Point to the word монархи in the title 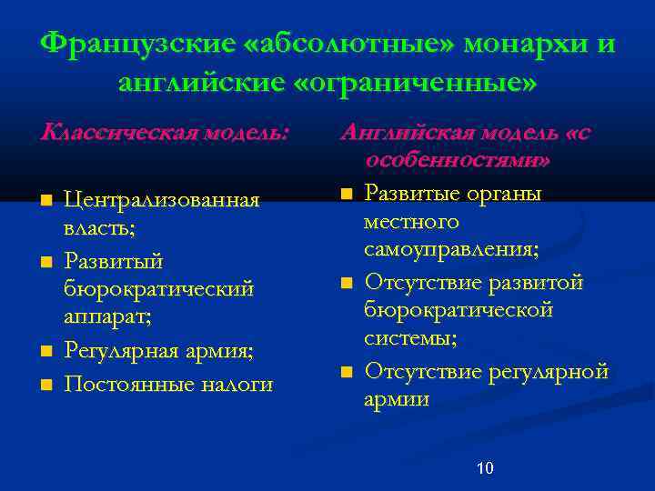[x=527, y=44]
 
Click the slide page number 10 [x=485, y=468]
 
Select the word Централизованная [x=161, y=199]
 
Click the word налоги [x=237, y=384]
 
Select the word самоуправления [x=450, y=251]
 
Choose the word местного [x=411, y=222]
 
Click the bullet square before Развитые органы [x=346, y=193]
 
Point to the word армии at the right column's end [x=397, y=398]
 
